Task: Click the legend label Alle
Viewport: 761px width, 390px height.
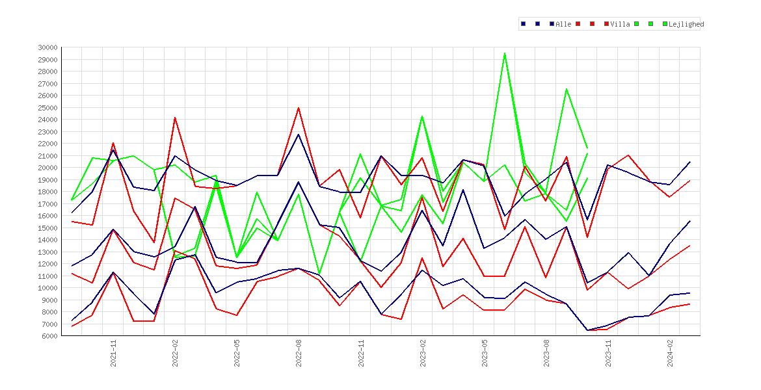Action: (x=563, y=24)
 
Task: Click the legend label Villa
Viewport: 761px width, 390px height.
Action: (x=621, y=24)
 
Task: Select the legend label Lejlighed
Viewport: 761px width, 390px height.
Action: (x=686, y=24)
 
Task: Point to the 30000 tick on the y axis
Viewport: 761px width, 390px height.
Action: (x=47, y=47)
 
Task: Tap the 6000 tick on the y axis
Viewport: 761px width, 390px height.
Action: (x=49, y=336)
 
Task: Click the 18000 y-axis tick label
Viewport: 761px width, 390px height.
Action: (x=47, y=192)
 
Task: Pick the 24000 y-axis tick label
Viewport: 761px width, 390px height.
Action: (x=47, y=120)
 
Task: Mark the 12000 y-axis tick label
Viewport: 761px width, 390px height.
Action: (x=47, y=264)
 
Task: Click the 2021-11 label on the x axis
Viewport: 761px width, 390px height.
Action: (x=114, y=353)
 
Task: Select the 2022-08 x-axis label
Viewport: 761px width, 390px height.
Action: (x=299, y=353)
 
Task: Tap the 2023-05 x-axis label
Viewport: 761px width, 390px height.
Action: (x=485, y=353)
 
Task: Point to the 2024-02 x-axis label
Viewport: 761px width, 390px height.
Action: (x=670, y=353)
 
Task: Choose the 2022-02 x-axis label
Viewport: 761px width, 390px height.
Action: (x=175, y=353)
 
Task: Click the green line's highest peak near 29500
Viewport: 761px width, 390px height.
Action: (x=505, y=53)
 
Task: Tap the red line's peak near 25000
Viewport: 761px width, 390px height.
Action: (x=299, y=108)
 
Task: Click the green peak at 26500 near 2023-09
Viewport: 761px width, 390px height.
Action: (x=567, y=89)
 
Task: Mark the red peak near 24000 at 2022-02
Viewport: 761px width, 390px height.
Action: (x=175, y=118)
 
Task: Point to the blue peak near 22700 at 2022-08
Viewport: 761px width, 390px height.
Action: (x=299, y=135)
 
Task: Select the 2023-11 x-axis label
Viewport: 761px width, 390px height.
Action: (x=609, y=353)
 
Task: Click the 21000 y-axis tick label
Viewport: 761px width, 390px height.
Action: (x=47, y=156)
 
